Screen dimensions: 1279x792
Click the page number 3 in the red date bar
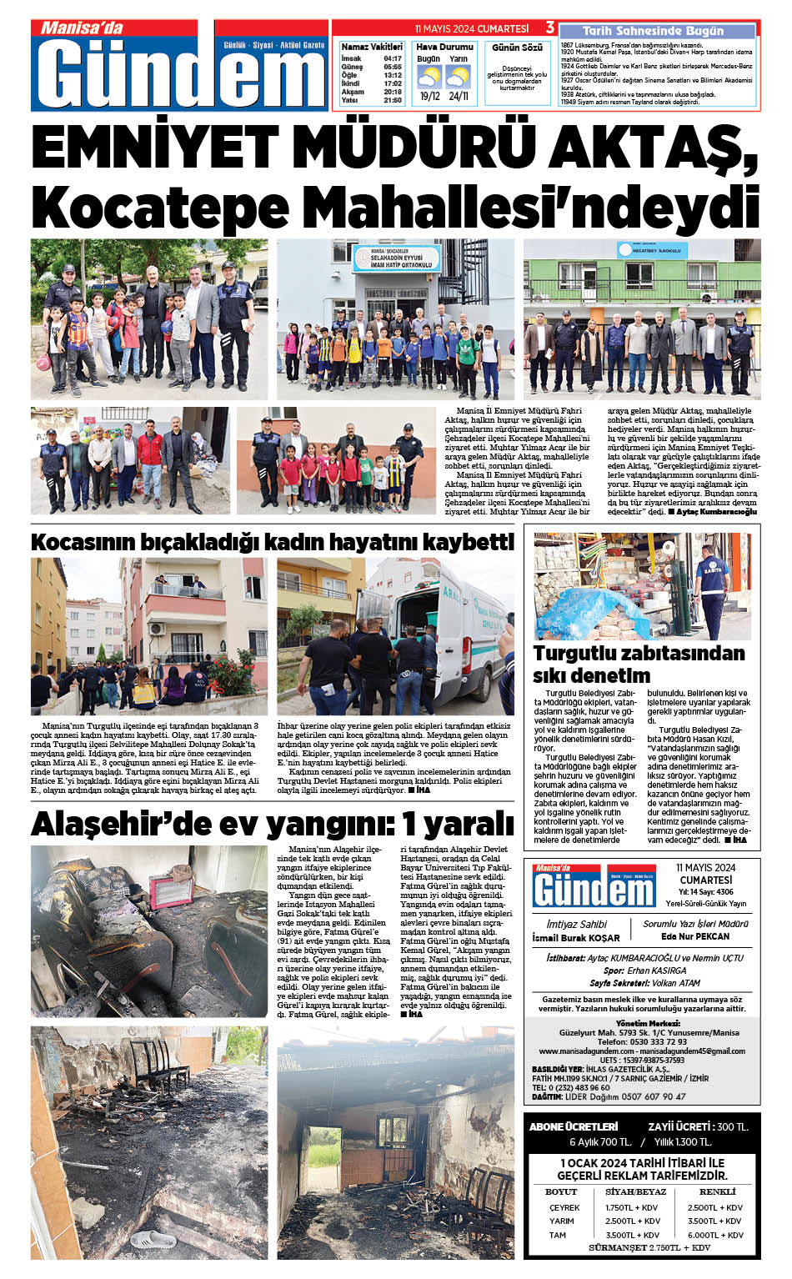(x=550, y=28)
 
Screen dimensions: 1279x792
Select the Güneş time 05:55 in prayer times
(x=393, y=68)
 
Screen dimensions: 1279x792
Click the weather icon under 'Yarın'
(x=458, y=78)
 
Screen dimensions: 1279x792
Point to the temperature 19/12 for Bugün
(x=429, y=96)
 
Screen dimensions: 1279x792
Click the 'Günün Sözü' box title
(x=517, y=48)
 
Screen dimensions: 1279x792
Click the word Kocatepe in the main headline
(x=149, y=206)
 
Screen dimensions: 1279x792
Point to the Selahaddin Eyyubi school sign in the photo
(x=395, y=258)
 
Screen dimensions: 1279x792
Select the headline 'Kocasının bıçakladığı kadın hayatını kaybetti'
(x=273, y=542)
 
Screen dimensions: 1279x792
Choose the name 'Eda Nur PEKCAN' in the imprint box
(x=694, y=936)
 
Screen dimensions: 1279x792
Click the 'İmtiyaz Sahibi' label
(x=576, y=924)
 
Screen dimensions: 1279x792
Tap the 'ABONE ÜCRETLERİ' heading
(x=574, y=1126)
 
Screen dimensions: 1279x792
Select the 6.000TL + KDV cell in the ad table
(x=714, y=1235)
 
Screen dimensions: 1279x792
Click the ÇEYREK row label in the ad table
(x=564, y=1207)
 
